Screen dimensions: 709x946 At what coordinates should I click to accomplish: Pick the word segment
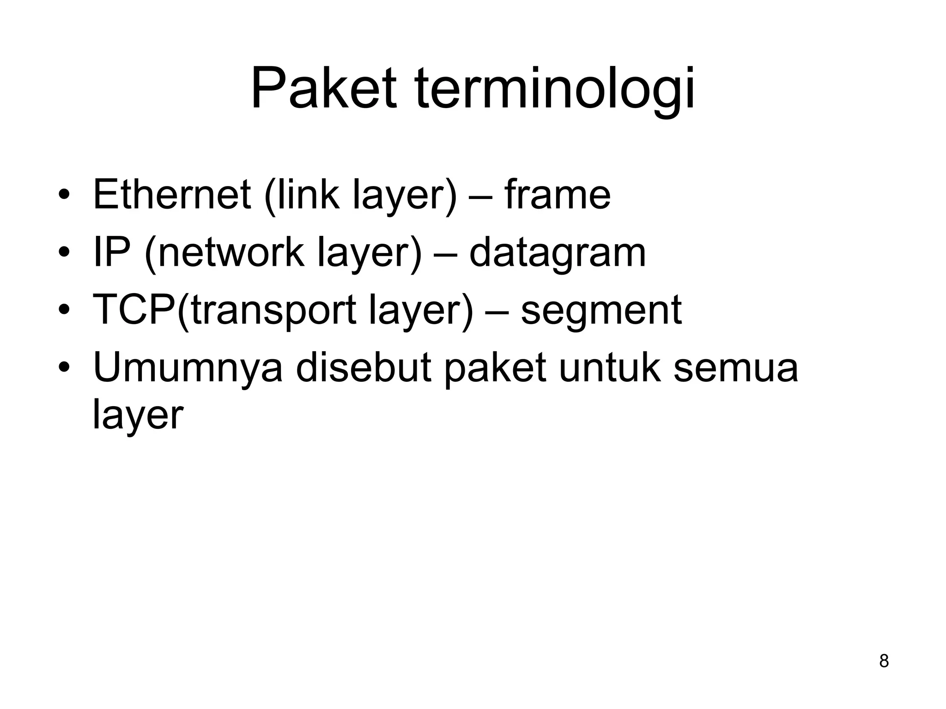(x=601, y=310)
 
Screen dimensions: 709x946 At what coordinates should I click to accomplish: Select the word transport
(x=273, y=311)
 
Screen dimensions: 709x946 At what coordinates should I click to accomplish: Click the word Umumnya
(x=188, y=368)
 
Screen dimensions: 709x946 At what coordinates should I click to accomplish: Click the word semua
(x=735, y=369)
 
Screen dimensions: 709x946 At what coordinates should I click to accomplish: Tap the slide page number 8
(x=884, y=661)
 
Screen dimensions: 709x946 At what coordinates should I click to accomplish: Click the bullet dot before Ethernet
(x=64, y=195)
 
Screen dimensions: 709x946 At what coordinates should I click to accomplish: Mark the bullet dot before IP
(x=64, y=253)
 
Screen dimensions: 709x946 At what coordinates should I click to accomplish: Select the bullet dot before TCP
(x=64, y=310)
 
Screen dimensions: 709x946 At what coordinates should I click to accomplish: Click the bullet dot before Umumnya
(x=64, y=368)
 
